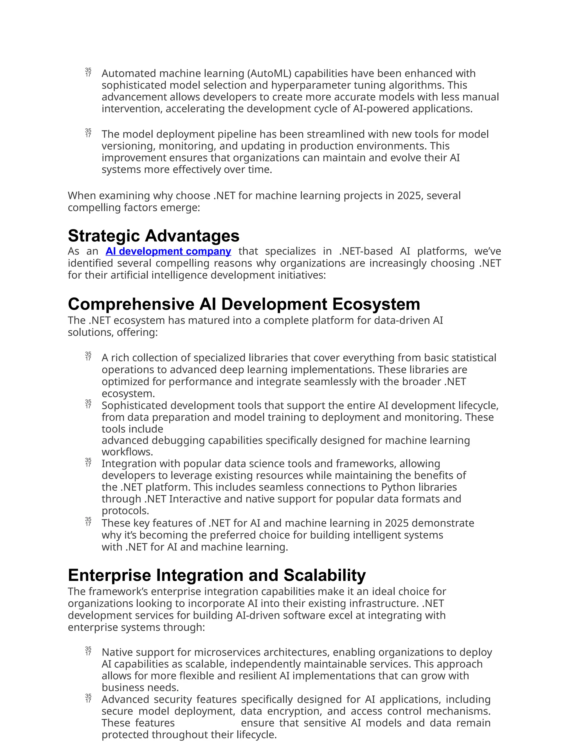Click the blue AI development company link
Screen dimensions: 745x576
[x=168, y=251]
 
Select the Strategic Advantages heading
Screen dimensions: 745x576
[x=154, y=236]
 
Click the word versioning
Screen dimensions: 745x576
[x=127, y=146]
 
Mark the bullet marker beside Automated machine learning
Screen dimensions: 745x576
[x=88, y=72]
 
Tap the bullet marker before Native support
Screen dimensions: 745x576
[x=88, y=651]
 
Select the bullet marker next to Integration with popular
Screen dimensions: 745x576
[x=88, y=462]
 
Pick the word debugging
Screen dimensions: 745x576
[x=178, y=440]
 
